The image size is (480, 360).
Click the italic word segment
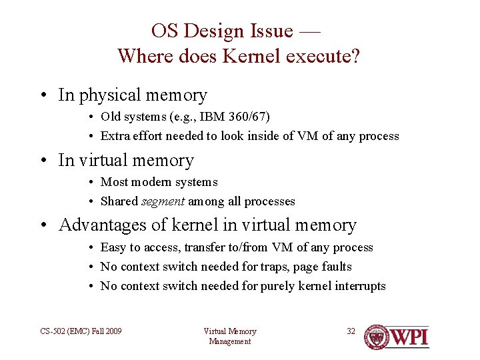tap(163, 201)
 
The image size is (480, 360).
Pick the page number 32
tap(351, 331)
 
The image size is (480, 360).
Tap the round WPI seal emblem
tap(377, 337)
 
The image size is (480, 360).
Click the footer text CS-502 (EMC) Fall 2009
tap(81, 331)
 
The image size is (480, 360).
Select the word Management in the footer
tap(229, 341)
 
